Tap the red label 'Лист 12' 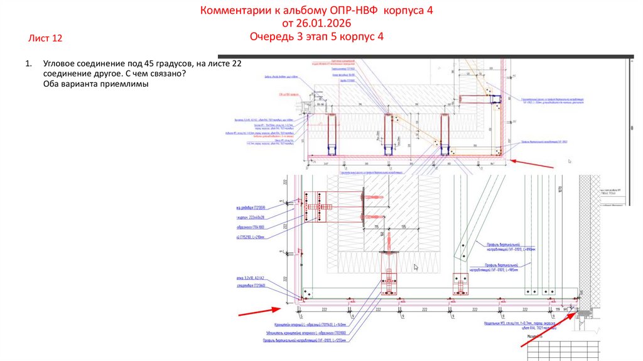pos(45,39)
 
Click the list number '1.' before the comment pos(28,64)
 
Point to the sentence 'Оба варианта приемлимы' pos(94,86)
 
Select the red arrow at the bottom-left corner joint pos(257,310)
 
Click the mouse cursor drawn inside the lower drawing pos(416,267)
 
